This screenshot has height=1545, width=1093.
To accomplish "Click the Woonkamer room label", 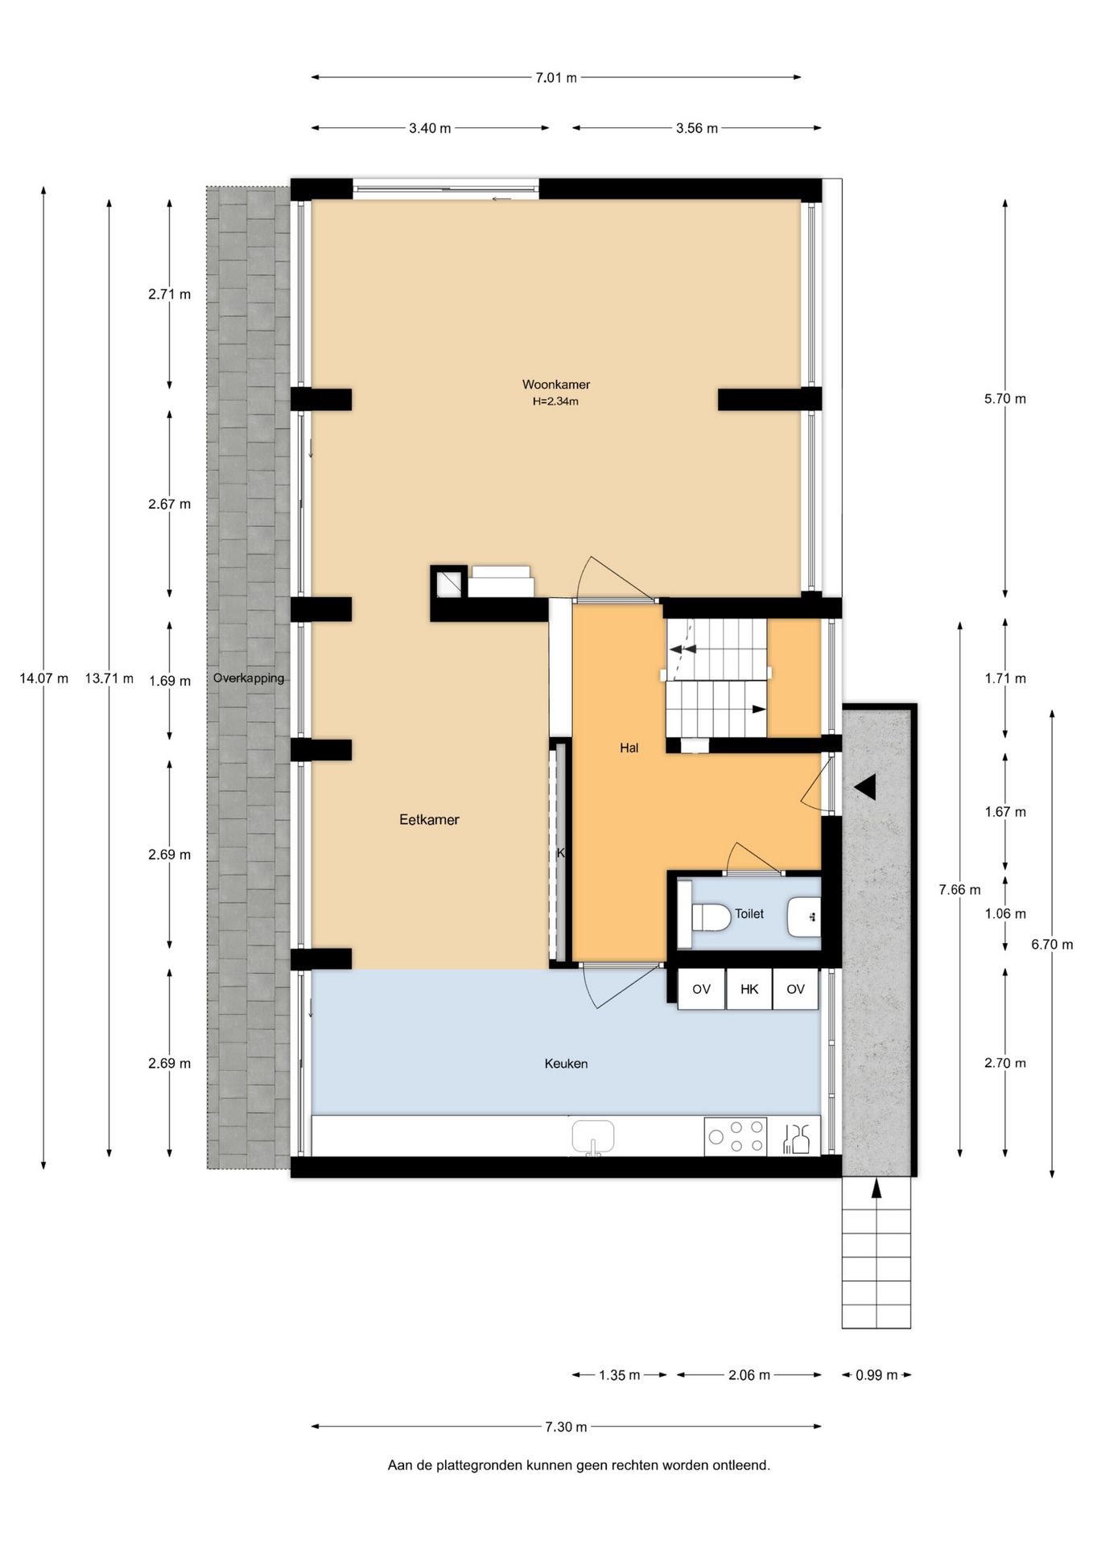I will click(x=555, y=385).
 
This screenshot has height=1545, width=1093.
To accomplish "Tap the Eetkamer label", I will click(x=429, y=820).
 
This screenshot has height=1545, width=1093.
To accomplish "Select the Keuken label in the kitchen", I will click(x=566, y=1064).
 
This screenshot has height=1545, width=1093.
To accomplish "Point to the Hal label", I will click(x=629, y=748).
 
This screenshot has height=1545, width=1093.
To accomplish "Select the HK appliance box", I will click(x=749, y=989).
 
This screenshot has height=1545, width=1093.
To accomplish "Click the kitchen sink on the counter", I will click(x=593, y=1136).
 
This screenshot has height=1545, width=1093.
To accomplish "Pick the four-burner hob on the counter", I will click(x=736, y=1136).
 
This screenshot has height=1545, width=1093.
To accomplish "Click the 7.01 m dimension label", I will click(x=556, y=78).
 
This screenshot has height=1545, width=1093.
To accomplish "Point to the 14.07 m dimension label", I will click(x=43, y=678).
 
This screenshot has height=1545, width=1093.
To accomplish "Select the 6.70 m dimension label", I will click(x=1052, y=945).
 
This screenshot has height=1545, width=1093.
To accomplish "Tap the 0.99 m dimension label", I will click(x=876, y=1375).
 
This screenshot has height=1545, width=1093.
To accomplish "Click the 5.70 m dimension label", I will click(x=1004, y=399).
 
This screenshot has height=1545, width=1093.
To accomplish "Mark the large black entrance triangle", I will click(x=865, y=788).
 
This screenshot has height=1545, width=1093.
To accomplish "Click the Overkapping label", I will click(x=249, y=678).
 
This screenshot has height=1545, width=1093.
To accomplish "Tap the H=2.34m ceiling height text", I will click(x=555, y=402).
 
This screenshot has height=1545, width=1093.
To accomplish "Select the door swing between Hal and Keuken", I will click(x=612, y=987).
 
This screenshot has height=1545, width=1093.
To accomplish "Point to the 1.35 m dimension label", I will click(x=619, y=1375).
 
